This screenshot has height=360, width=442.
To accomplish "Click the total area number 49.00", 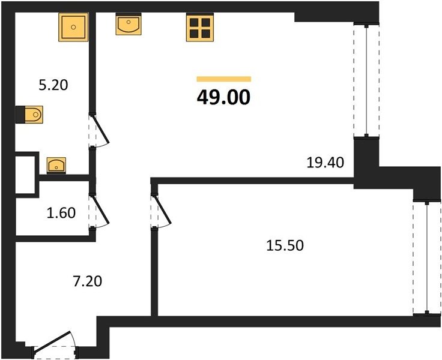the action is (223, 97).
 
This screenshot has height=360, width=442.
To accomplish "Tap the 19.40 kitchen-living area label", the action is (325, 163).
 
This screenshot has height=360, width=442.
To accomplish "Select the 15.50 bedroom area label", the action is (285, 245).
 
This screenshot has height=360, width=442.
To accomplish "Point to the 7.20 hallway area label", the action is (88, 281).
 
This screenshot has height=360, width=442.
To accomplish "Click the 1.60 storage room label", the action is (61, 213).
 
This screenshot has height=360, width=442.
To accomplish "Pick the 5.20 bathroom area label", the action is (53, 85).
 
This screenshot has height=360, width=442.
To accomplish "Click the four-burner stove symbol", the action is (200, 28).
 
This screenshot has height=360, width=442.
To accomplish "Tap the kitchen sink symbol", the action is (129, 24).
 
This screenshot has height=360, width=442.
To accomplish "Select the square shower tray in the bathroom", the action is (73, 27).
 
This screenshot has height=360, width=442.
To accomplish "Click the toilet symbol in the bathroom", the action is (34, 115).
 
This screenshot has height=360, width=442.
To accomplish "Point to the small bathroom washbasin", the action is (56, 165).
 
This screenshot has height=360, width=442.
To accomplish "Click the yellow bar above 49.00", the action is (224, 79).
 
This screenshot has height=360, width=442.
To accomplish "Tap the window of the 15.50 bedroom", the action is (428, 257).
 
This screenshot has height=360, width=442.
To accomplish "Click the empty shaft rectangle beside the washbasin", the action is (25, 175).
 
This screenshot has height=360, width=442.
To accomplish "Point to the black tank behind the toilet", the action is (20, 115).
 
